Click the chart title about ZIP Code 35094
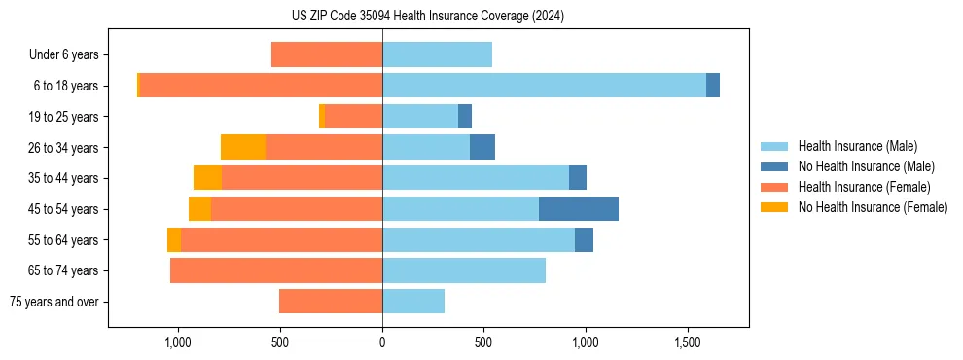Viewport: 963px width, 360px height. point(427,17)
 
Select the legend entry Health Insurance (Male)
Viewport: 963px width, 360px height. point(856,146)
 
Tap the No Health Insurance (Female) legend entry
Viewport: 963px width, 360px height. point(873,207)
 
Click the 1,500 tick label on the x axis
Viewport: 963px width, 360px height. point(688,342)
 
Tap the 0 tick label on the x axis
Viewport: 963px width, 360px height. point(382,342)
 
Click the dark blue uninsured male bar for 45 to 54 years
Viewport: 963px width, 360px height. point(579,209)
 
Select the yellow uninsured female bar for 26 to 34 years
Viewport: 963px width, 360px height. point(243,147)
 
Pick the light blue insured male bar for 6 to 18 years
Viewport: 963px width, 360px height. point(544,86)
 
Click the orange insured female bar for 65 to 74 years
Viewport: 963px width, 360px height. point(276,270)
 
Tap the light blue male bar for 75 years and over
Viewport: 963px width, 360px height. point(413,302)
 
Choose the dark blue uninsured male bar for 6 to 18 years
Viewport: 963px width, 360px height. point(713,86)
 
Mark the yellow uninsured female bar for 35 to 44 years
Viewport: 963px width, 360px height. point(207,178)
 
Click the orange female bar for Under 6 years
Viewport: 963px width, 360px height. point(327,54)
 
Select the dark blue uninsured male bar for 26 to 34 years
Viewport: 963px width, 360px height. point(482,147)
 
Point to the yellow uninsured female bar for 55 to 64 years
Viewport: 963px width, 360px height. point(174,240)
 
